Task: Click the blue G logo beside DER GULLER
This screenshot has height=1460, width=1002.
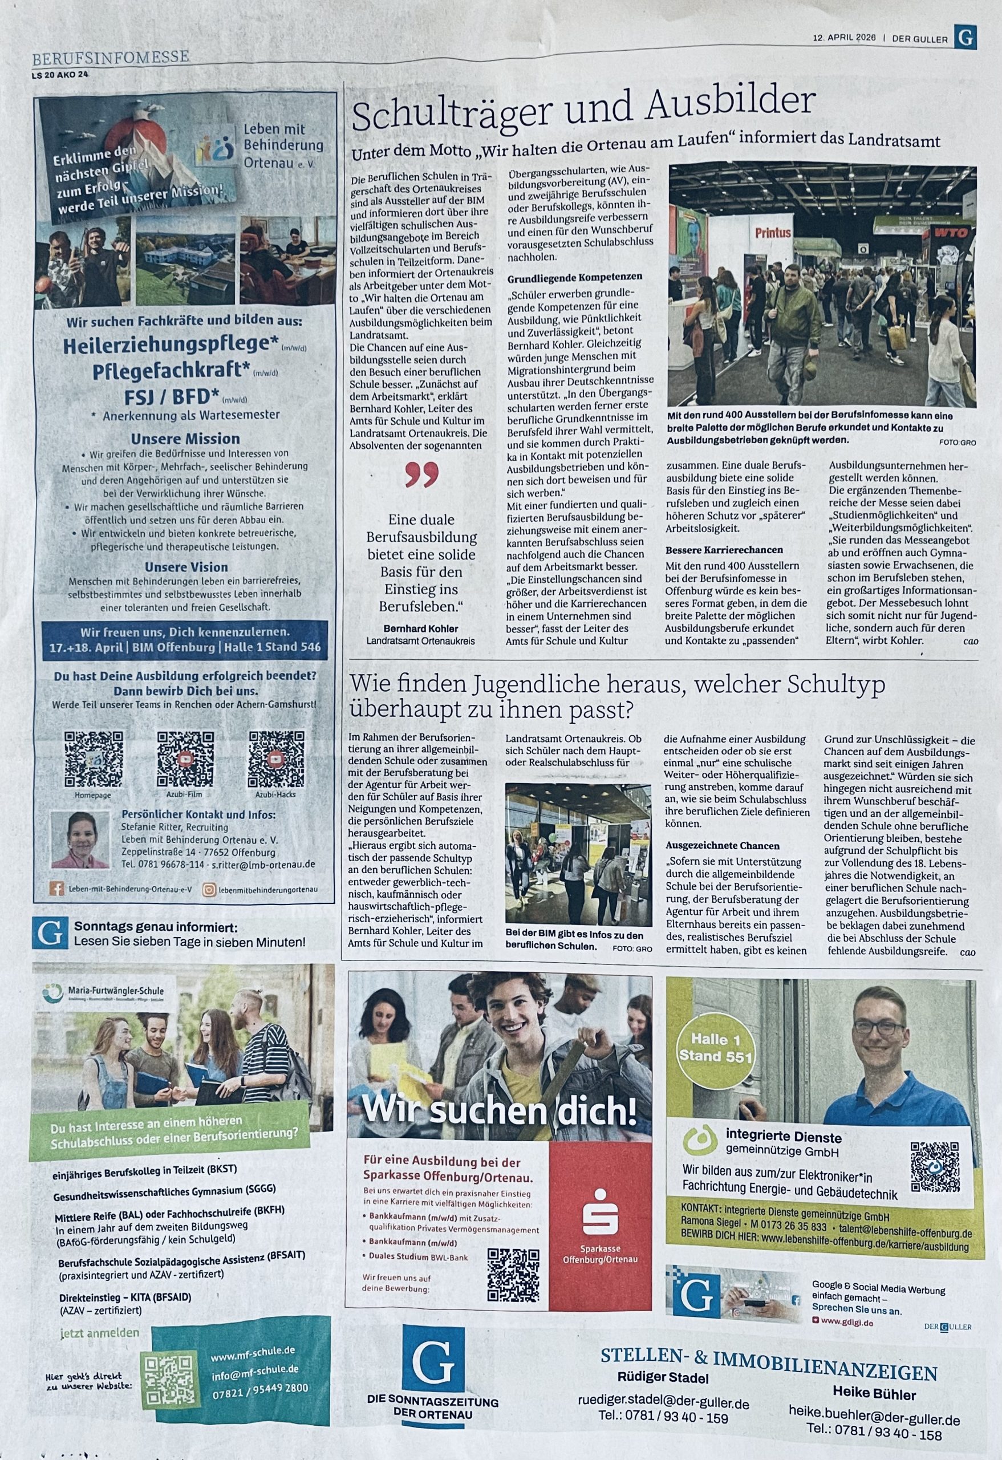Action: pyautogui.click(x=965, y=36)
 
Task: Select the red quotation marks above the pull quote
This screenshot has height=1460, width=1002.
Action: pyautogui.click(x=421, y=476)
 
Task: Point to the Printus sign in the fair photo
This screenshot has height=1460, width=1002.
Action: pyautogui.click(x=773, y=233)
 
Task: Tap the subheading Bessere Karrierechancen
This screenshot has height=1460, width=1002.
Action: pyautogui.click(x=724, y=550)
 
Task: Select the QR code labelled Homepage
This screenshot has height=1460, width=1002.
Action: pyautogui.click(x=94, y=759)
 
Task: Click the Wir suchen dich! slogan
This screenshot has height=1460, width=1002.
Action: pyautogui.click(x=499, y=1110)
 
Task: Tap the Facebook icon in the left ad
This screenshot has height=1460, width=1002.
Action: pyautogui.click(x=56, y=889)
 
